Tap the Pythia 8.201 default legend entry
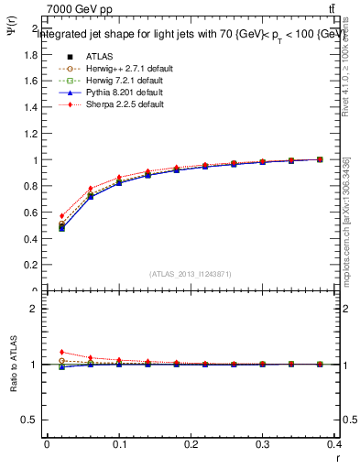[111, 93]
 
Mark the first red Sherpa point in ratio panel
[62, 352]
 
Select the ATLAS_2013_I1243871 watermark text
[190, 274]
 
